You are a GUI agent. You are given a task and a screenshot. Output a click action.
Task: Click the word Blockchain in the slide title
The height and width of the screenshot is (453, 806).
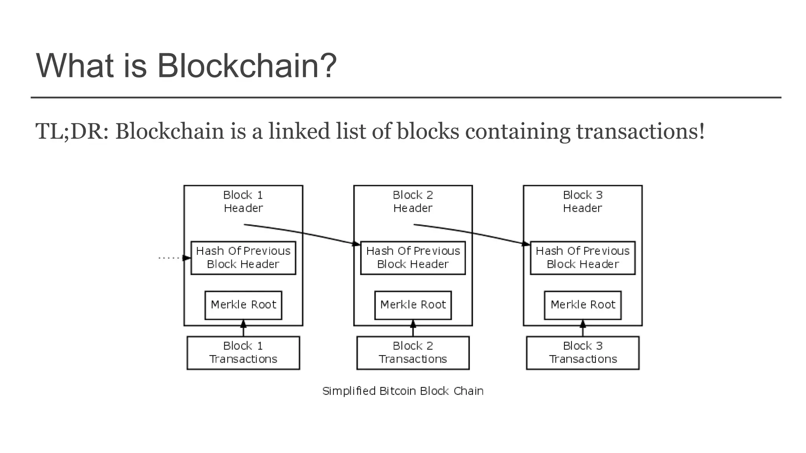246,66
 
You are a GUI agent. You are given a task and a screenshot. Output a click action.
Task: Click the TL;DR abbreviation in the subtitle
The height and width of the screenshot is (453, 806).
71,131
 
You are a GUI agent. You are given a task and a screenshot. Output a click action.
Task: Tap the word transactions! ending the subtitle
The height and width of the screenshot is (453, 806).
640,131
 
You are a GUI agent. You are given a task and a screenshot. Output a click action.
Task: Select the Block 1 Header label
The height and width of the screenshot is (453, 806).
243,201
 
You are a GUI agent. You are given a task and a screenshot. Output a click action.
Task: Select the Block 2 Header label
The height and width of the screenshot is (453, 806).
413,201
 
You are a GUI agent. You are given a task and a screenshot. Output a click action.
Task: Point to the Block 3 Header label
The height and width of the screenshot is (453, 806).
582,201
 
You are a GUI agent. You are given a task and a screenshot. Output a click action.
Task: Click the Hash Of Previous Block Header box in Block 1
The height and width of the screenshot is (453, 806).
243,258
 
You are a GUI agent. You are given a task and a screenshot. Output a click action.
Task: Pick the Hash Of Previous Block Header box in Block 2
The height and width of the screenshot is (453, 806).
413,258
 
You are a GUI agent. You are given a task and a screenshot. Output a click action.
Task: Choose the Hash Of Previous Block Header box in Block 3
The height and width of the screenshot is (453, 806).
582,258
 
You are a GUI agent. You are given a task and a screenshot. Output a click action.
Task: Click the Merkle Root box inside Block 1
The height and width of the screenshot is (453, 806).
243,305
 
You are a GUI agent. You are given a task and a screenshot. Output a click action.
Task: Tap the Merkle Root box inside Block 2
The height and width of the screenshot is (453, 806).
413,305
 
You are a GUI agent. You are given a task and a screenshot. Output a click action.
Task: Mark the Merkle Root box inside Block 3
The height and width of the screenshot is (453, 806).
582,305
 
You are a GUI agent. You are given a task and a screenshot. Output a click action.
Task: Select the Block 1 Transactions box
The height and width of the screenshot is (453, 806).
243,353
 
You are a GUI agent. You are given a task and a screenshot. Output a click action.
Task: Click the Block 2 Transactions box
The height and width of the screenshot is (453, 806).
413,353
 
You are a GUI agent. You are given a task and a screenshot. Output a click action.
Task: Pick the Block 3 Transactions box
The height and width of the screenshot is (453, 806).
582,353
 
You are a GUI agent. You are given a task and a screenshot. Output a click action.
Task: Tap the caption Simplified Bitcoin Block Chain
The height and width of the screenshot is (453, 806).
403,391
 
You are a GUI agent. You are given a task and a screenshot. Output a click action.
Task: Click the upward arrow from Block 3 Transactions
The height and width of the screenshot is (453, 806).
583,329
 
